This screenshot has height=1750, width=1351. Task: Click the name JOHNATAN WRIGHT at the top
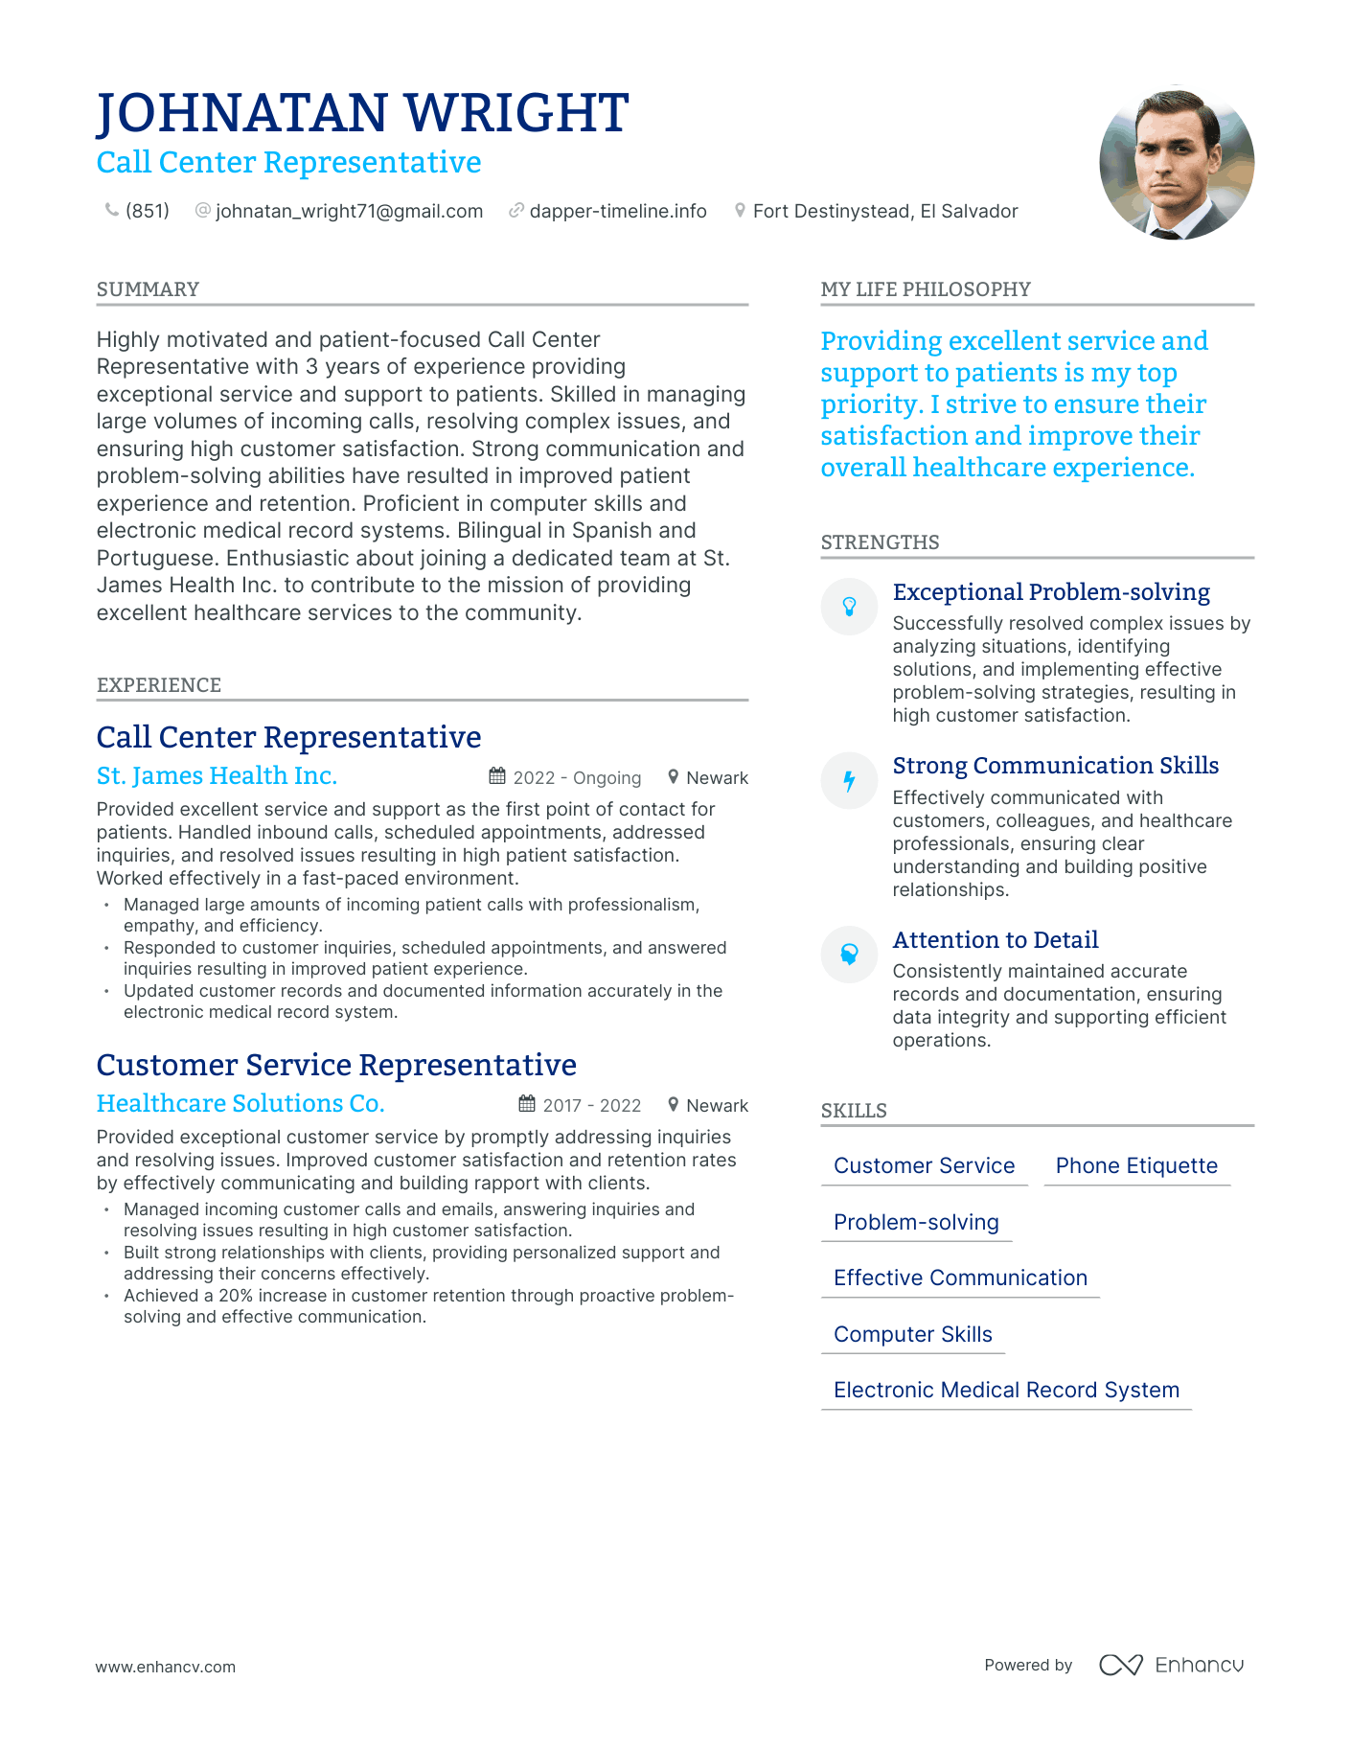point(362,113)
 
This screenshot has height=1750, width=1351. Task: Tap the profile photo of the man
point(1176,164)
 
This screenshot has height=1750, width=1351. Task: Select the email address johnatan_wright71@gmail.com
point(349,211)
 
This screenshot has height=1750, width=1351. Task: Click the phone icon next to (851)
point(111,210)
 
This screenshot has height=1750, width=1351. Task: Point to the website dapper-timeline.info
point(617,211)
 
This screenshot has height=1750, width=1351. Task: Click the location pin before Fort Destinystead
point(740,210)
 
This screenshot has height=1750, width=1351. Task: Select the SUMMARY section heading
point(148,289)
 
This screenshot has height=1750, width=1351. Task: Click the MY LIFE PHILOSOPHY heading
point(926,289)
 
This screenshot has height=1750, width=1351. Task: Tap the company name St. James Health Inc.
point(217,775)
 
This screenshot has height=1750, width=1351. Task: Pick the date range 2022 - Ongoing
point(577,778)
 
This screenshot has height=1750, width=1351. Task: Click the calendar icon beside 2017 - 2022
point(527,1104)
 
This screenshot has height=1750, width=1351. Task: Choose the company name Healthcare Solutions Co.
point(240,1103)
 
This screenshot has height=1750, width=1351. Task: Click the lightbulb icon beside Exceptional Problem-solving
point(849,607)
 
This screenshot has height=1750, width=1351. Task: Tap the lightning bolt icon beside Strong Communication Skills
point(849,781)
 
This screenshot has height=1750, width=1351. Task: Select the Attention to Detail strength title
point(995,940)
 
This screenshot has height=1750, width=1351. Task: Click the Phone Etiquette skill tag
point(1136,1165)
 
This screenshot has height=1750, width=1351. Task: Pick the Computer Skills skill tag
point(912,1334)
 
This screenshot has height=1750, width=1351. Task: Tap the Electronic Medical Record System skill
point(1006,1390)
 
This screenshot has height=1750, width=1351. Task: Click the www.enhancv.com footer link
point(165,1667)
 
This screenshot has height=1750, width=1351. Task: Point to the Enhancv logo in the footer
point(1171,1665)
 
